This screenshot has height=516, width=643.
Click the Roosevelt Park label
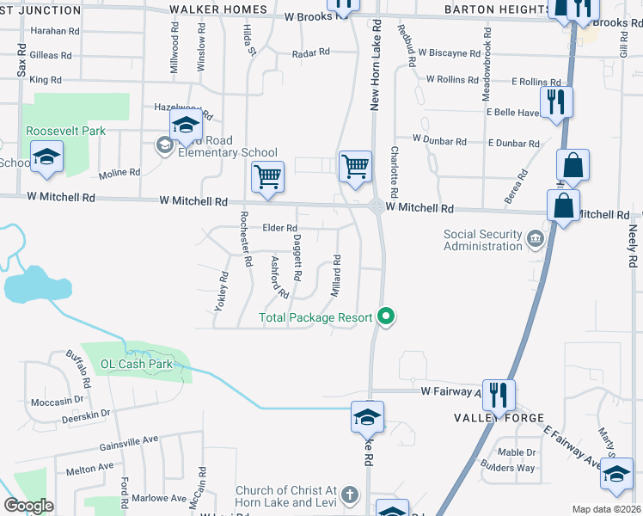pos(65,131)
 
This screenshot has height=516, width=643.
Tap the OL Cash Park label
pos(132,364)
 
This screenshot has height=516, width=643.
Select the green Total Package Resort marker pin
pos(387,317)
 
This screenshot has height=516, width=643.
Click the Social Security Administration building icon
pos(536,236)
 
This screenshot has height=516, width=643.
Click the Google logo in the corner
pos(28,506)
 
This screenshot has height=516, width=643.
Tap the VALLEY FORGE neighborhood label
pos(499,418)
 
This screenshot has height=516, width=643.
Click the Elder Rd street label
pos(279,228)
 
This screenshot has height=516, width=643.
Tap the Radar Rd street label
pos(311,52)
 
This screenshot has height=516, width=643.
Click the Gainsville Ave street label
pos(129,439)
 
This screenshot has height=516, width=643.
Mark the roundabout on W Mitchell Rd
pos(377,206)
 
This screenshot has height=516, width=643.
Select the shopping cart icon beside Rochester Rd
pos(268,176)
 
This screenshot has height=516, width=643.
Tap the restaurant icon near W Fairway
pos(499,395)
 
